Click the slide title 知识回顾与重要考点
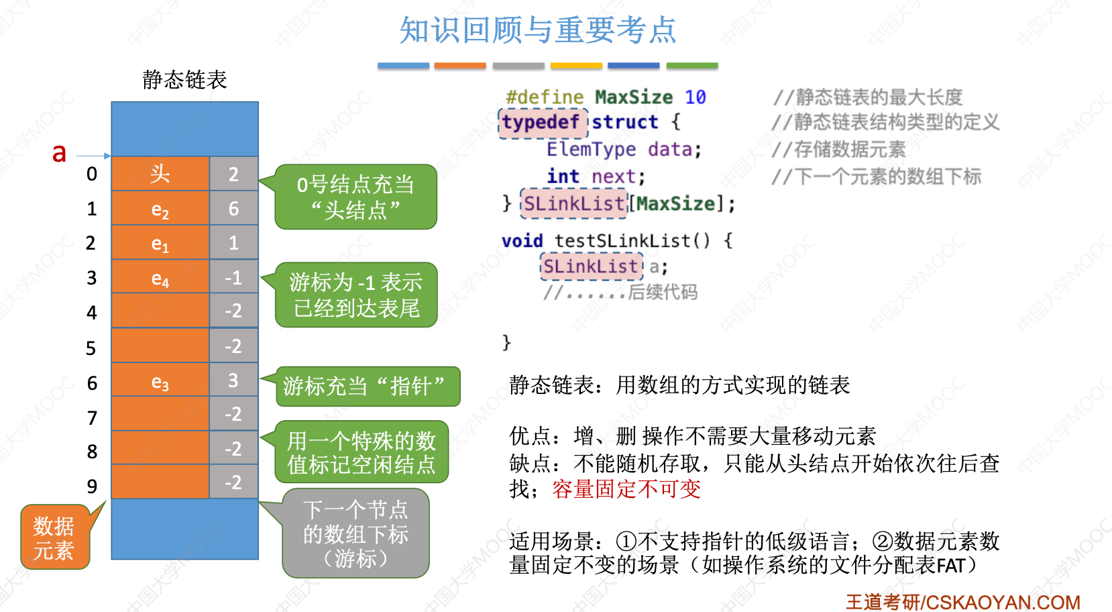(537, 30)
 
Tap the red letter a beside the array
(59, 153)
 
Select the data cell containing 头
(160, 174)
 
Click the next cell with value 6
(233, 209)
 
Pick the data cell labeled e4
(160, 278)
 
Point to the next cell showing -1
(233, 277)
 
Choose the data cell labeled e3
(160, 382)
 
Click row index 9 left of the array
(92, 486)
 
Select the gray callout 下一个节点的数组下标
(355, 533)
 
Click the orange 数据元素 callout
(54, 538)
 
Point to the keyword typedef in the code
(541, 122)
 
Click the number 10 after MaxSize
(695, 97)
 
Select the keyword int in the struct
(563, 176)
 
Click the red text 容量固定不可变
(626, 489)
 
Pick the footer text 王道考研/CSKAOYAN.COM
(962, 602)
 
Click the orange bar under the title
(460, 66)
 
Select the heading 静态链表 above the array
(184, 80)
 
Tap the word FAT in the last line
(950, 566)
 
